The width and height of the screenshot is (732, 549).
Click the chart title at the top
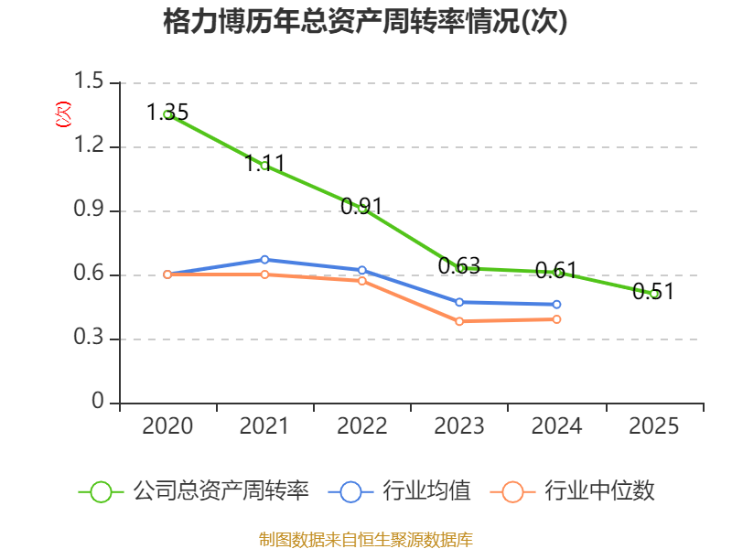point(365,21)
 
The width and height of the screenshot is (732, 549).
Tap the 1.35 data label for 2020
point(167,113)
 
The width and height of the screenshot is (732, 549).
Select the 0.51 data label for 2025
point(653,292)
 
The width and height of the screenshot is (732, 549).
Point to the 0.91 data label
point(361,207)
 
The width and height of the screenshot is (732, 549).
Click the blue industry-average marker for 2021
point(264,260)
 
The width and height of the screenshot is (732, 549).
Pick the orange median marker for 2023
point(459,321)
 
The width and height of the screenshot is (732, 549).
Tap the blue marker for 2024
point(556,305)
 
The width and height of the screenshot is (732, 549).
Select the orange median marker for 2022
point(362,281)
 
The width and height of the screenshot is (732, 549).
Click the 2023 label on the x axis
point(459,426)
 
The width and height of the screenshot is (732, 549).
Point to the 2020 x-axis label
point(167,426)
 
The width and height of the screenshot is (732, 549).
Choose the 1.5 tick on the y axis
point(89,81)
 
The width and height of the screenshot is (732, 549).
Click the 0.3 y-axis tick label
point(89,337)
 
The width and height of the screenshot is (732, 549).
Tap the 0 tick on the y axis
point(98,401)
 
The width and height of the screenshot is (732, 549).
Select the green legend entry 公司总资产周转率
point(194,491)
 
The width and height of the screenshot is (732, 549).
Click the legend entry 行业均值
point(400,491)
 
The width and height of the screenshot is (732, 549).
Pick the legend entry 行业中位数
point(573,491)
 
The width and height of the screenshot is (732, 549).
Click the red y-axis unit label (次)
point(63,114)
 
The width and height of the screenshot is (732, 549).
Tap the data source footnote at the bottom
point(366,540)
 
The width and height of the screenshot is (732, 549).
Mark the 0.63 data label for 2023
point(459,266)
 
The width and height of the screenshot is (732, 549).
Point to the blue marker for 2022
point(362,270)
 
